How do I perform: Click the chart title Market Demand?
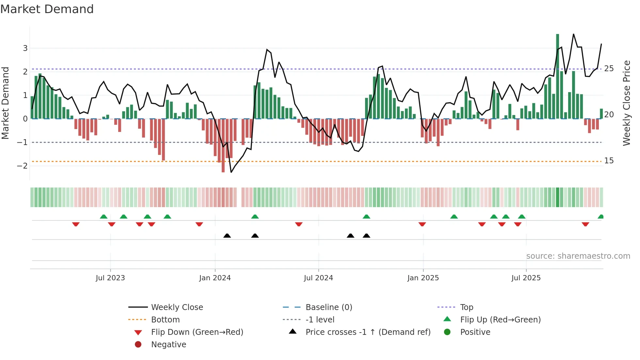tap(47, 9)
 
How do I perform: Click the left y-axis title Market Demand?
tap(6, 103)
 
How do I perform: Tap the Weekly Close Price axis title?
tap(626, 103)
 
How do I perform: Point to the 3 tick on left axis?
tap(25, 48)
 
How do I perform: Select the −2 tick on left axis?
tap(23, 166)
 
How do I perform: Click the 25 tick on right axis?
tap(609, 69)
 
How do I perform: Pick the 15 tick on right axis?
tap(609, 161)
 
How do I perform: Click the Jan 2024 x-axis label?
tap(215, 278)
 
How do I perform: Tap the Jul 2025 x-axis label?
tap(526, 278)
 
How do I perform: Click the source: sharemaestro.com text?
tap(578, 256)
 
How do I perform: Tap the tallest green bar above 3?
tap(557, 75)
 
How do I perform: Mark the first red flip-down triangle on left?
tap(76, 224)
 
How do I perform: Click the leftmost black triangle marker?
tap(227, 236)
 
